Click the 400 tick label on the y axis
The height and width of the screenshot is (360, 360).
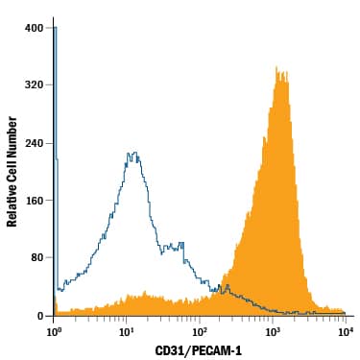click(x=34, y=28)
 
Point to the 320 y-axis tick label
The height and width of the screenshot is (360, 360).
click(x=34, y=85)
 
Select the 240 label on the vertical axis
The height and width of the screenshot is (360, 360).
click(x=34, y=143)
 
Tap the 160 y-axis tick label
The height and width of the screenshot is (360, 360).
click(x=34, y=201)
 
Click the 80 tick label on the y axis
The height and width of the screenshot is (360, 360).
click(x=36, y=258)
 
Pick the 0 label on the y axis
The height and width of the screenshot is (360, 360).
click(x=39, y=316)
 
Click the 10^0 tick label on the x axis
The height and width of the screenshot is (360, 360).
click(x=55, y=331)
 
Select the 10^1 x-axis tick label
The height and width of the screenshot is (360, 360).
click(x=127, y=331)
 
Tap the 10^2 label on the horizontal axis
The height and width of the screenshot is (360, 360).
click(x=200, y=331)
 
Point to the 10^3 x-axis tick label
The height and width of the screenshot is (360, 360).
click(x=273, y=331)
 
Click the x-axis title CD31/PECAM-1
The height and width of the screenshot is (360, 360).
click(x=199, y=350)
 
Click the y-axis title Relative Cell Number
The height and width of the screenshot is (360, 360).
click(x=12, y=172)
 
